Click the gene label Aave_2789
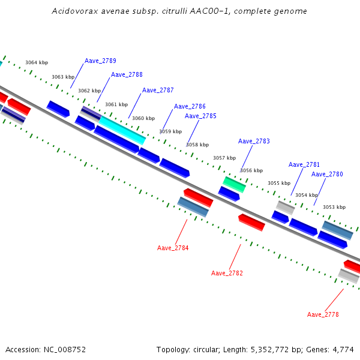tap(100, 61)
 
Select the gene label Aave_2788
tap(127, 74)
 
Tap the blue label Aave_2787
tap(158, 90)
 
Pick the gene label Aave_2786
tap(190, 106)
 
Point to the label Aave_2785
tap(200, 116)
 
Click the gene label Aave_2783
tap(254, 141)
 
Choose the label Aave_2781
tap(304, 164)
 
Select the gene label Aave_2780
tap(327, 174)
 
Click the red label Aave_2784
tap(173, 248)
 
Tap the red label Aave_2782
tap(227, 273)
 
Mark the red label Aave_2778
tap(323, 314)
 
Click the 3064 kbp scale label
tap(37, 62)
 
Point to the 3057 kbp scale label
tap(224, 158)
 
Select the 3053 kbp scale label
tap(334, 207)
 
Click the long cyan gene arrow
tap(122, 130)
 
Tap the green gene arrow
tap(234, 184)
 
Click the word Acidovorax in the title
tap(71, 11)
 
